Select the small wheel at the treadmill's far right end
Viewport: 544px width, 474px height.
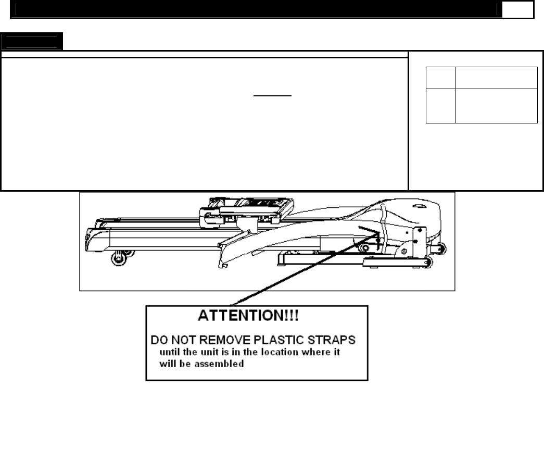pyautogui.click(x=442, y=250)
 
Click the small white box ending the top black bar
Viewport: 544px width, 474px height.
pyautogui.click(x=518, y=10)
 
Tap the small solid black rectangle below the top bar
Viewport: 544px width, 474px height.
pyautogui.click(x=31, y=41)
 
